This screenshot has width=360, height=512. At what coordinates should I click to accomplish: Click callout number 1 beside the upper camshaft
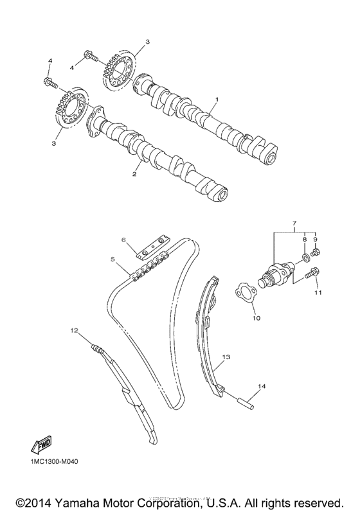pyautogui.click(x=217, y=100)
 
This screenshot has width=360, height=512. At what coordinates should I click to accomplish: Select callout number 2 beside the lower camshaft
pyautogui.click(x=135, y=174)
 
